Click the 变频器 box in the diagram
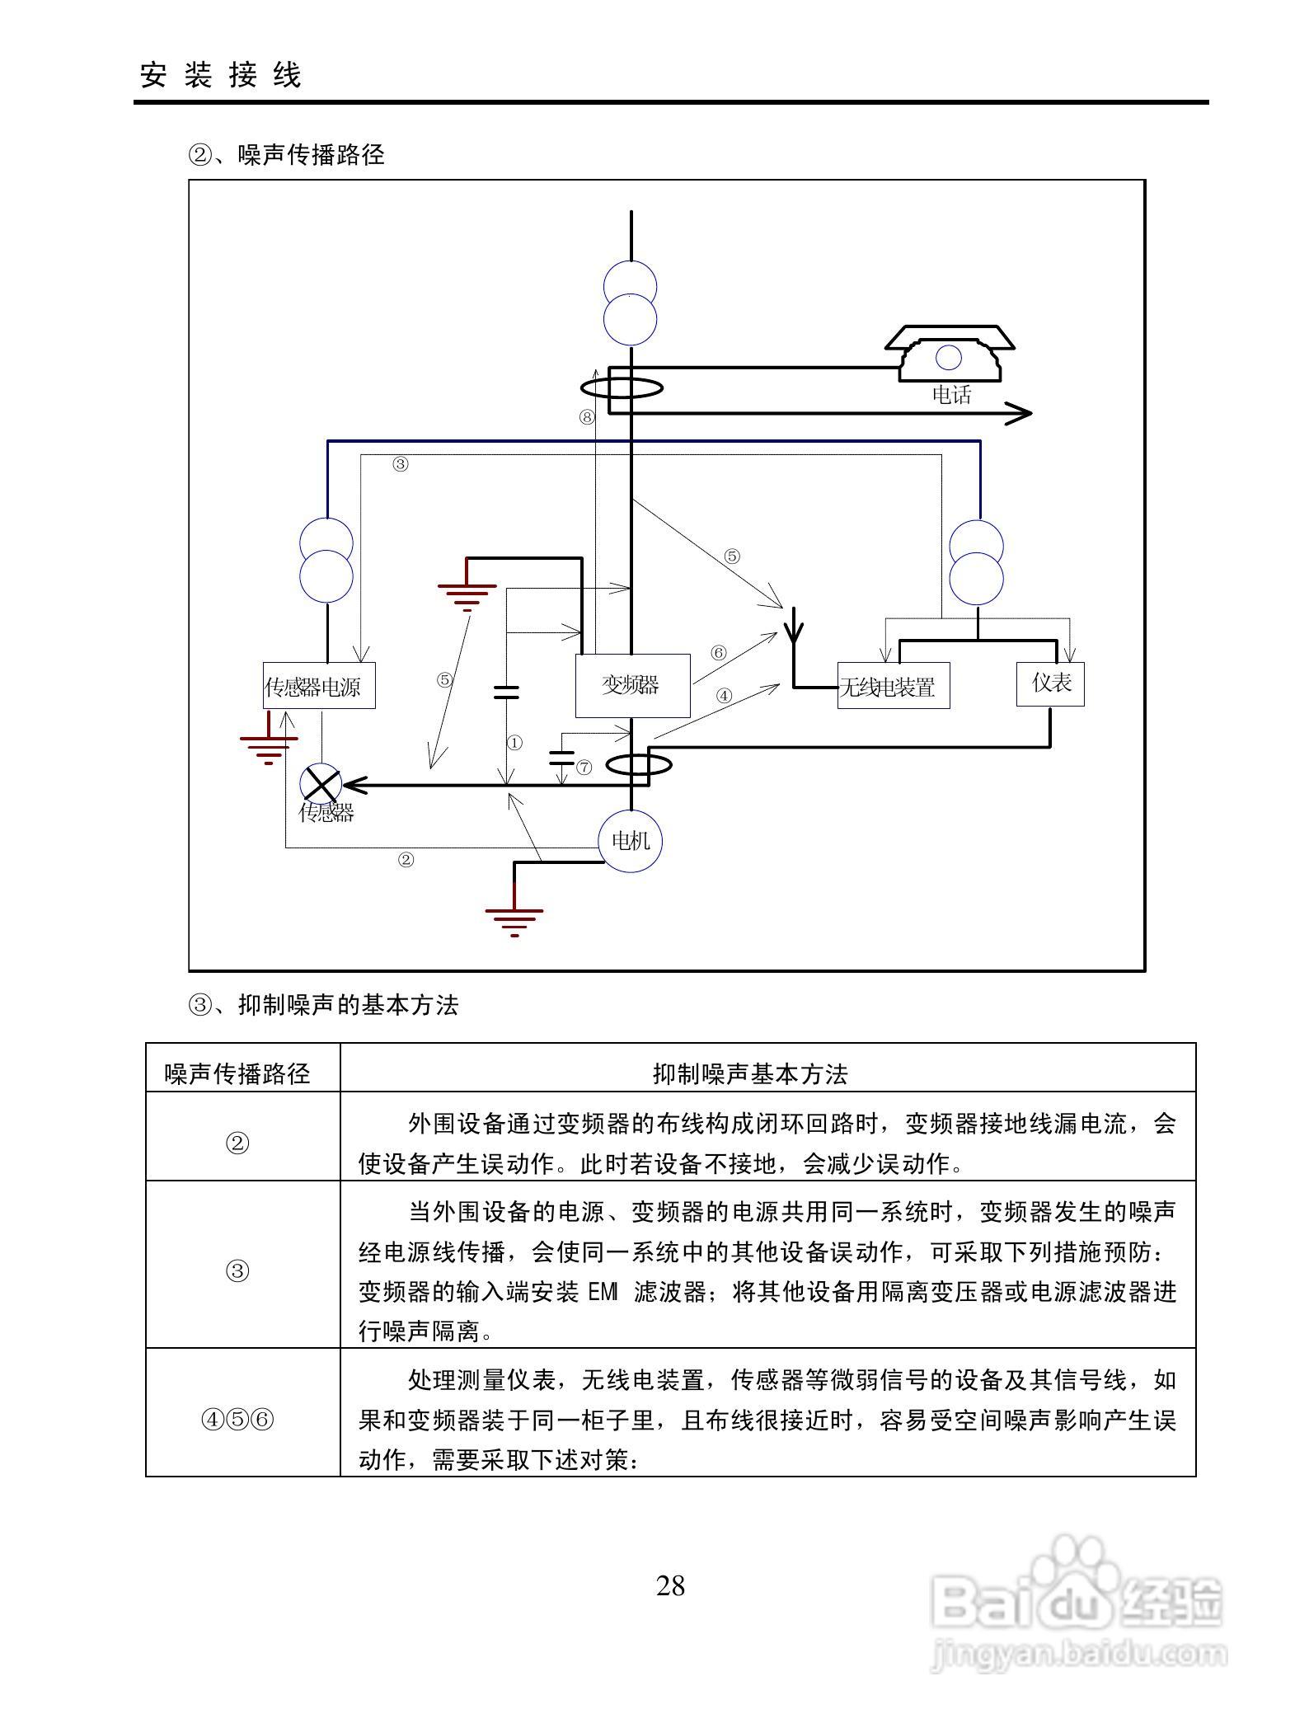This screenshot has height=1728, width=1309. pyautogui.click(x=631, y=685)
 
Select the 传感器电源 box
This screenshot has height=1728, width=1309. pyautogui.click(x=319, y=686)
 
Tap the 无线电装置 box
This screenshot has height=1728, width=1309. pyautogui.click(x=893, y=686)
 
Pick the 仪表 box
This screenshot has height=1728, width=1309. pyautogui.click(x=1050, y=683)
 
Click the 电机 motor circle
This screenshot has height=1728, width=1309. pyautogui.click(x=630, y=840)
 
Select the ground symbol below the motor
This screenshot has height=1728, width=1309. pyautogui.click(x=514, y=919)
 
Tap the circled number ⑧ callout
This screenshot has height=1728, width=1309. pyautogui.click(x=586, y=417)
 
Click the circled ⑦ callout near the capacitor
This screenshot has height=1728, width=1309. pyautogui.click(x=584, y=768)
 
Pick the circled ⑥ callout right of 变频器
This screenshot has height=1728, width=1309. pyautogui.click(x=718, y=653)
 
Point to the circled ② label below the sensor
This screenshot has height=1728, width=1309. pyautogui.click(x=406, y=860)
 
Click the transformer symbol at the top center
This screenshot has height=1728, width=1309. pyautogui.click(x=631, y=303)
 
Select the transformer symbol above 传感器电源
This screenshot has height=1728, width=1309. pyautogui.click(x=326, y=561)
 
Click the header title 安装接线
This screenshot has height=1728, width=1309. pyautogui.click(x=221, y=75)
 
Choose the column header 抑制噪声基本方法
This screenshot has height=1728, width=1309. pyautogui.click(x=750, y=1073)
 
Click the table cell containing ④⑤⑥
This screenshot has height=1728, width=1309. pyautogui.click(x=237, y=1420)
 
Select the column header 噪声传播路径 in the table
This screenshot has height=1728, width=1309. pyautogui.click(x=237, y=1073)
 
